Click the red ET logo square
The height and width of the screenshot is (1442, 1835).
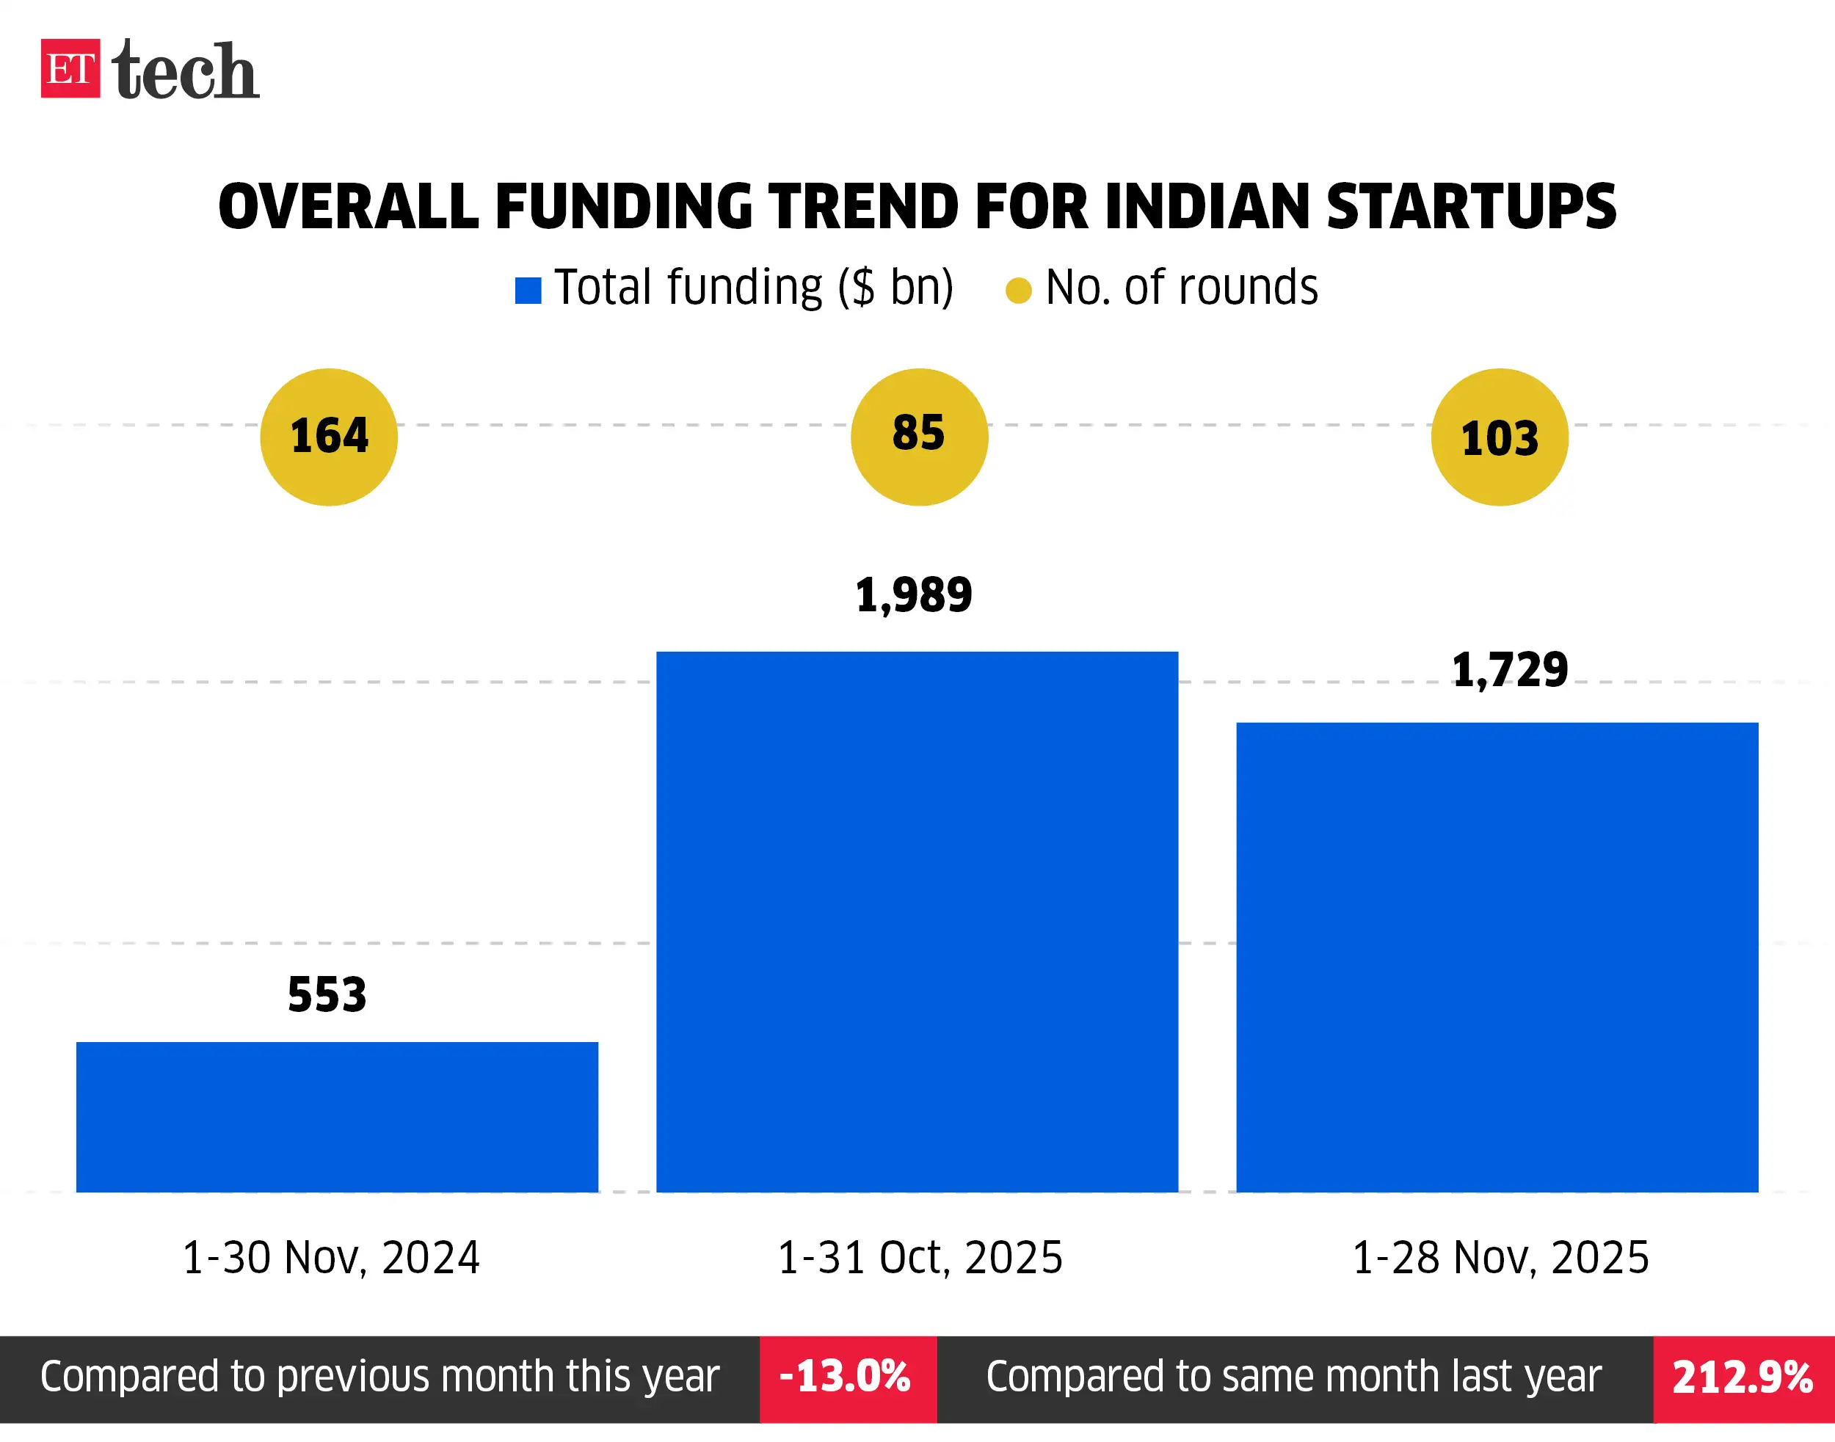pos(70,68)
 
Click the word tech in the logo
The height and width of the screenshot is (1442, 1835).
pos(185,71)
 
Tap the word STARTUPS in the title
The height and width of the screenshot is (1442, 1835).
pos(1470,207)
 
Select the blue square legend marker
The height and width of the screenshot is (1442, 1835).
pos(528,291)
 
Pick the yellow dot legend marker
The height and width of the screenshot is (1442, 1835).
pos(1018,291)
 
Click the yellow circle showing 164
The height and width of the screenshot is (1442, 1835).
pos(329,437)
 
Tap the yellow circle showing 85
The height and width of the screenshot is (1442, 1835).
pos(919,437)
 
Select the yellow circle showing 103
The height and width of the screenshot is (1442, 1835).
pos(1499,437)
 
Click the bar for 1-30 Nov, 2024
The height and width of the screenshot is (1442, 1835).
pos(337,1116)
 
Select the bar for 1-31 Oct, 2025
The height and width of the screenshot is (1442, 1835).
pos(917,921)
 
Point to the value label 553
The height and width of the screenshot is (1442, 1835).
pos(327,994)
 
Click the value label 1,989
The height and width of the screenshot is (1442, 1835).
pos(914,595)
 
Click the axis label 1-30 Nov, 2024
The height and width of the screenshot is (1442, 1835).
pos(331,1257)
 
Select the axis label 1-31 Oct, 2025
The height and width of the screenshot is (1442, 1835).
pos(919,1257)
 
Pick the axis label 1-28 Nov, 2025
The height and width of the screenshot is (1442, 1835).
pos(1500,1257)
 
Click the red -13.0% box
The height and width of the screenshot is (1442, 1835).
pos(847,1379)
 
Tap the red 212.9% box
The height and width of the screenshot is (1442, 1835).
pos(1743,1379)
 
